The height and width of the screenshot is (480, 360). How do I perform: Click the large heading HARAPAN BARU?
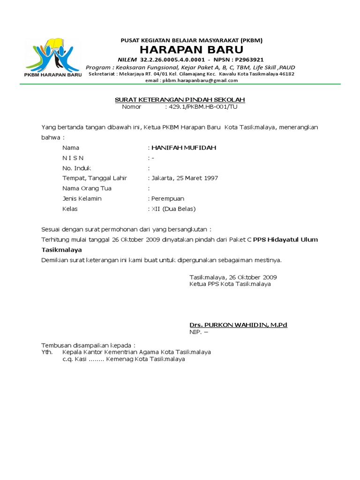191,50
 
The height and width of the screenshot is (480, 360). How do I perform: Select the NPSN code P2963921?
249,60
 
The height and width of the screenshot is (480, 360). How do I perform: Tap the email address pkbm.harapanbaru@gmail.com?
191,80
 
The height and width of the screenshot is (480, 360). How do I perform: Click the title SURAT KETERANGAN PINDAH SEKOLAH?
180,100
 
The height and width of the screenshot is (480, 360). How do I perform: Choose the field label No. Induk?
77,168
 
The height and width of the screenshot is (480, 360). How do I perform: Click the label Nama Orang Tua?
87,188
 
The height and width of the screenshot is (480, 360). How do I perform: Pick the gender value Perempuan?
168,199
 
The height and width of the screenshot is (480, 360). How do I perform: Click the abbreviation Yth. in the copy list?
47,352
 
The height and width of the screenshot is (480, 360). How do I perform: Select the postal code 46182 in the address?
286,74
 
